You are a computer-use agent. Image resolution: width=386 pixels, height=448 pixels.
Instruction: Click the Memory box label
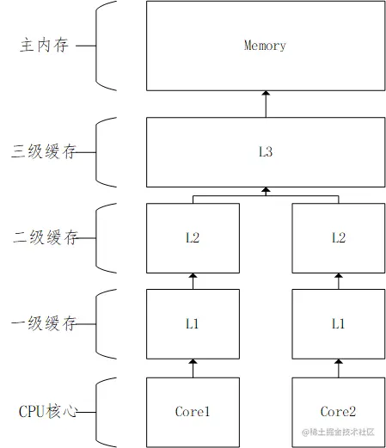tap(264, 46)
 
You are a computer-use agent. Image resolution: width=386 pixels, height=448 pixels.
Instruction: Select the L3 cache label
tap(265, 152)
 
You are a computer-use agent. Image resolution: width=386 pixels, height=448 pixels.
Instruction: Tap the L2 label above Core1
tap(193, 237)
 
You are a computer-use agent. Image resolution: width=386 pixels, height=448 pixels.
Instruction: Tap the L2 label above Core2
tap(337, 237)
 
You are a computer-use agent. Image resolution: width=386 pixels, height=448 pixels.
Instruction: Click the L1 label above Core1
tap(193, 323)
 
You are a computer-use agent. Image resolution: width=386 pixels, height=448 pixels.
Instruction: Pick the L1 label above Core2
tap(337, 323)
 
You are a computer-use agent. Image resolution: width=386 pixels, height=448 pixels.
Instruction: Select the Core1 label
tap(193, 412)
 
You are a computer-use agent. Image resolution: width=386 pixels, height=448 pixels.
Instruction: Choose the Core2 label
tap(337, 412)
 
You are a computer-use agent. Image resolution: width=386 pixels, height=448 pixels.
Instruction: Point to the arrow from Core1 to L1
tap(193, 367)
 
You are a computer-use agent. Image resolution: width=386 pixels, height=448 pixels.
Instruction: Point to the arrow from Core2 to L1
tap(337, 367)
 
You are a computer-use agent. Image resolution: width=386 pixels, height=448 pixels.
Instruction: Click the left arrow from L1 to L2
tap(193, 281)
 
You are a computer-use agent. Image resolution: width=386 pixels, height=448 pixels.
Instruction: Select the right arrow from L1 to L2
tap(337, 281)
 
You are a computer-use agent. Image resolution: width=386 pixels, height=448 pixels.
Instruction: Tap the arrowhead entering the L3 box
tap(265, 190)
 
